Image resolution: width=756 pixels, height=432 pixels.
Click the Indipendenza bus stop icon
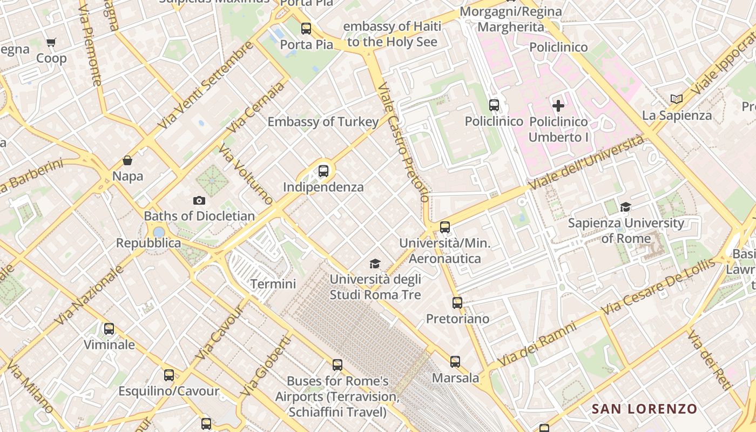323,171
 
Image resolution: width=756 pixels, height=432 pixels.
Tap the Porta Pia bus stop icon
306,28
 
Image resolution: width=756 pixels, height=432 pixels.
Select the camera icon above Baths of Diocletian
199,200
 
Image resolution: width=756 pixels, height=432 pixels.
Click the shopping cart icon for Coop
51,42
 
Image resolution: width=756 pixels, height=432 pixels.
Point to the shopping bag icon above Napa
127,160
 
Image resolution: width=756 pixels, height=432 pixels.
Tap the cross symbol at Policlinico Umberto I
558,105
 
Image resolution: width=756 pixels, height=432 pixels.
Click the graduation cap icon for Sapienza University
625,207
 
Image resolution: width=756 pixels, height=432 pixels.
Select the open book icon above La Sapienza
676,99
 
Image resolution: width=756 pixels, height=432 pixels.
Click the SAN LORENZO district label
644,409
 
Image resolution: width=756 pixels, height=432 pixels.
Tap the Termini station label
273,283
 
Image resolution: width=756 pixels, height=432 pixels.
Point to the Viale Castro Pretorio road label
403,143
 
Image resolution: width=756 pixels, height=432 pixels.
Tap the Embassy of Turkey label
323,122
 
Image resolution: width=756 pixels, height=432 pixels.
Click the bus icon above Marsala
455,361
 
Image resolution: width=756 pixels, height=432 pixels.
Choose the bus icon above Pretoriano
457,302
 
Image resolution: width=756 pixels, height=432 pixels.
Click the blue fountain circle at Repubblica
159,232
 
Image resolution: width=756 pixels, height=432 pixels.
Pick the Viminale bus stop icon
109,328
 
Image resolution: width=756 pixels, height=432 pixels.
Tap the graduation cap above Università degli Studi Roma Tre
375,264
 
